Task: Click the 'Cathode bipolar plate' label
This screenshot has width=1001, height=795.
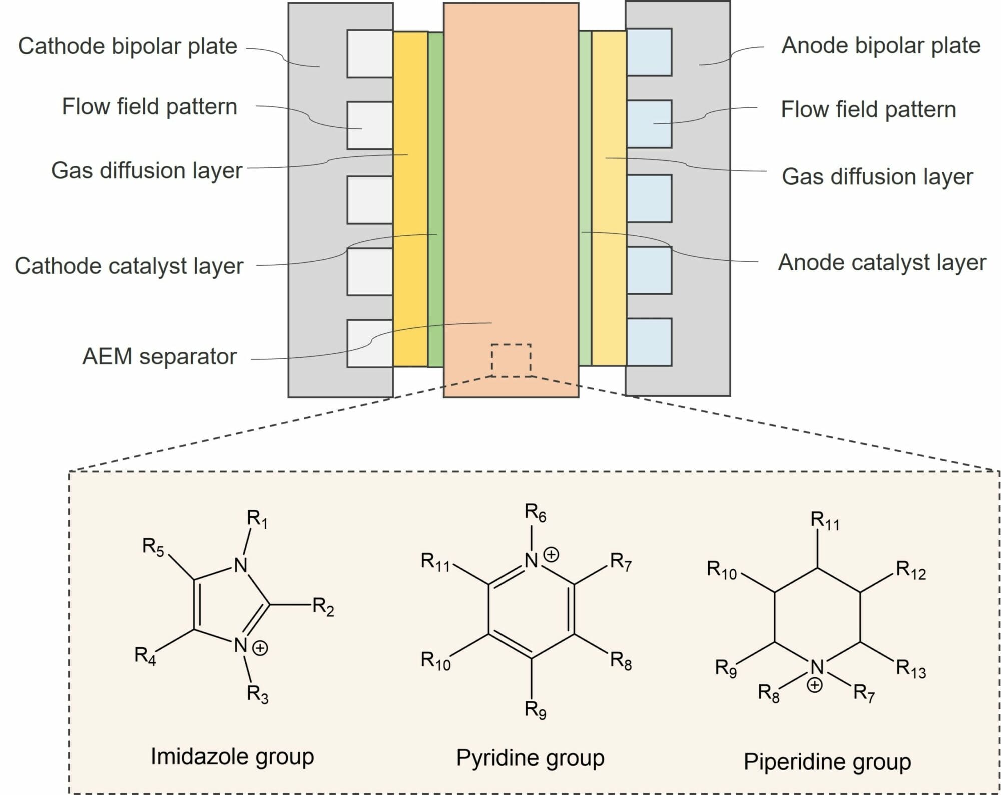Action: point(127,46)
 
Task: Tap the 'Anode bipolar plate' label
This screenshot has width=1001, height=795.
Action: point(880,46)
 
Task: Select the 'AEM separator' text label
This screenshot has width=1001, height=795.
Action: point(159,357)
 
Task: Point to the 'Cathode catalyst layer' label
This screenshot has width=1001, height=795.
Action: point(129,266)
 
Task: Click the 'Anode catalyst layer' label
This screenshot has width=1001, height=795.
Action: point(882,263)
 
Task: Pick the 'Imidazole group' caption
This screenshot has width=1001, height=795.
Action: point(232,757)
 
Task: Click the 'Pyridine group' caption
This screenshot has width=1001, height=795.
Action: point(530,758)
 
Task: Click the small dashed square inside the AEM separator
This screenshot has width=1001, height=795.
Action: point(511,360)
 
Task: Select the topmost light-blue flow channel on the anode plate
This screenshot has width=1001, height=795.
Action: point(649,52)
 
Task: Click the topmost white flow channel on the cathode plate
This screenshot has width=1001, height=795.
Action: point(370,54)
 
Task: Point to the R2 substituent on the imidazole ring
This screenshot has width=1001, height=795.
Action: point(323,607)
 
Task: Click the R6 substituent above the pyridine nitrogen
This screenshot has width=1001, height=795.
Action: point(535,513)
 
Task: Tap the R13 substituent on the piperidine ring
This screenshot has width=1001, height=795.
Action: point(910,669)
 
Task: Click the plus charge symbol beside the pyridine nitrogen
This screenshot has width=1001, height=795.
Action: point(551,555)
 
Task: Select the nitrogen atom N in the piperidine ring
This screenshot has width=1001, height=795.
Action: point(817,667)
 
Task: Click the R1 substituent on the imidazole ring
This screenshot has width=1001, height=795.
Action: point(257,519)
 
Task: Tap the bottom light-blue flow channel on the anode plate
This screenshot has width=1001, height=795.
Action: point(649,342)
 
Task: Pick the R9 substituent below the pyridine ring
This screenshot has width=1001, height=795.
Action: point(535,709)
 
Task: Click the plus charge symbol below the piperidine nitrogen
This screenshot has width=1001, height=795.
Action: point(815,685)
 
